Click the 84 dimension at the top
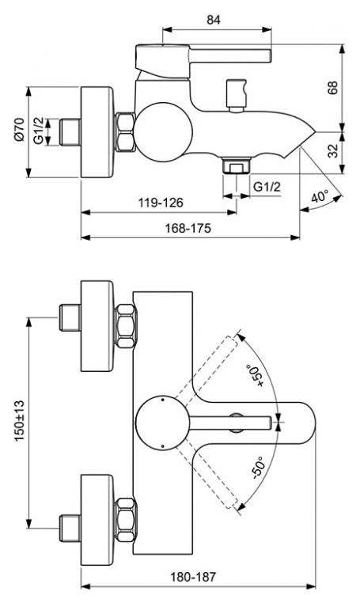(214, 20)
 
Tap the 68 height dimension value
(332, 88)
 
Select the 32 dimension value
(333, 150)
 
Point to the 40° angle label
(319, 196)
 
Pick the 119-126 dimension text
(161, 203)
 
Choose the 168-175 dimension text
(188, 228)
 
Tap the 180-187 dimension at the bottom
(193, 577)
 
